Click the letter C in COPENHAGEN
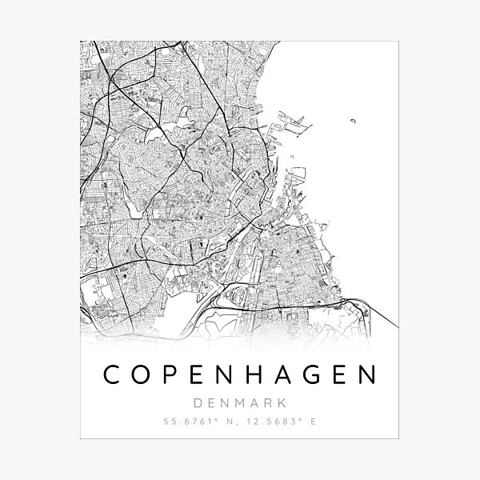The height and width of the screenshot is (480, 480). [x=108, y=375]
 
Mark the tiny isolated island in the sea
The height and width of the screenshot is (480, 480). [x=352, y=122]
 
